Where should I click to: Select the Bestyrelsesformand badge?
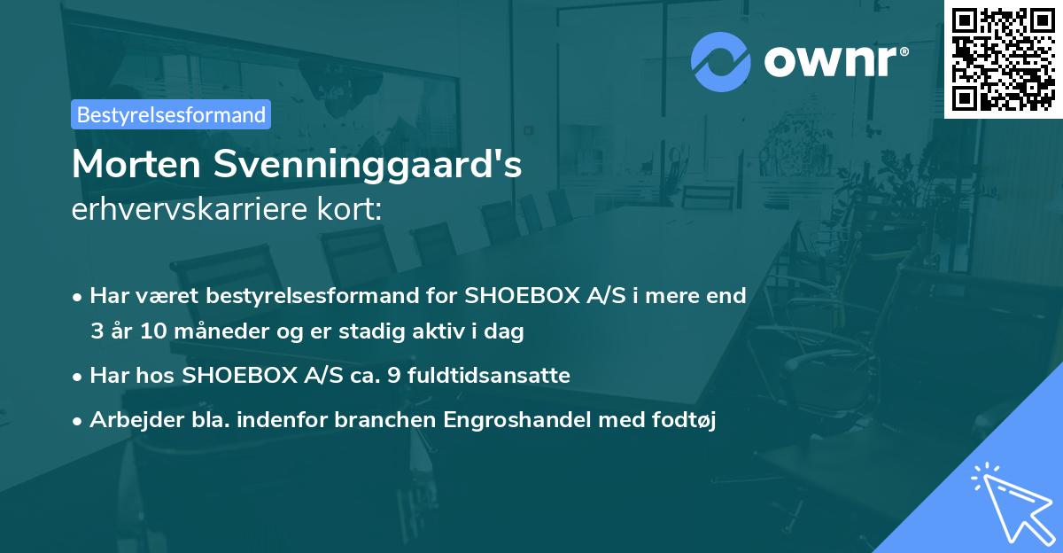point(171,114)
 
